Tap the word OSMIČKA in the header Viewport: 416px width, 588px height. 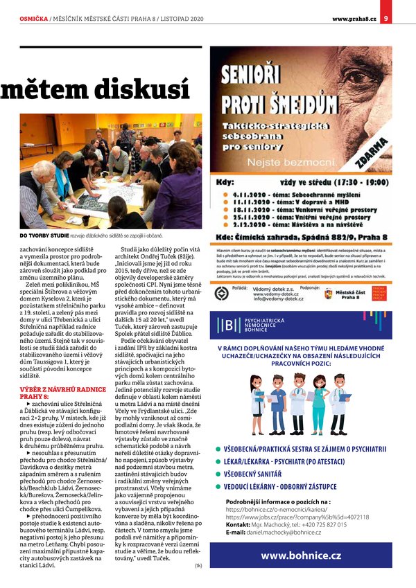click(x=33, y=18)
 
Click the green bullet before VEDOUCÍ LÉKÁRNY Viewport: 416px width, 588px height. click(x=217, y=487)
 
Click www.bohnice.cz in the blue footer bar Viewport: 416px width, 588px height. click(x=300, y=555)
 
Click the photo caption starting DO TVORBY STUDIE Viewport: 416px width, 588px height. click(x=102, y=235)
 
